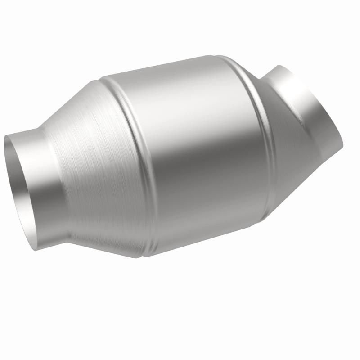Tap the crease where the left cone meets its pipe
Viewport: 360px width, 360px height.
pyautogui.click(x=61, y=189)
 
